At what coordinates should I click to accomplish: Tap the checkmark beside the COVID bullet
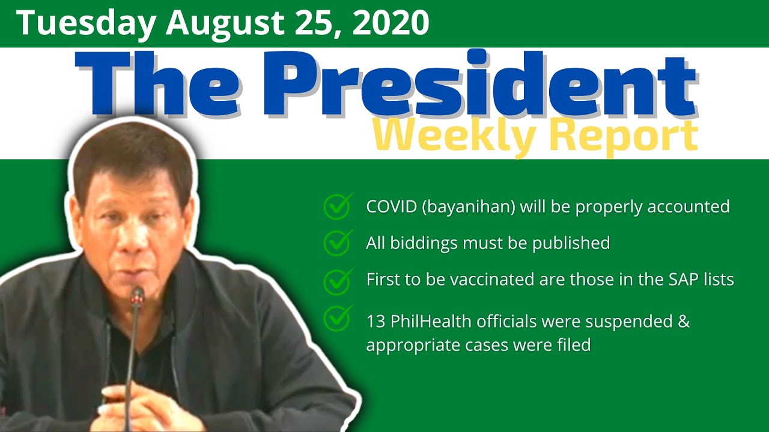click(338, 206)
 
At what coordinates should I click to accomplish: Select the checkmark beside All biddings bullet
click(338, 242)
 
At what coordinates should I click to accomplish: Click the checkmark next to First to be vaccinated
click(338, 280)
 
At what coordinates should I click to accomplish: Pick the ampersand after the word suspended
click(683, 322)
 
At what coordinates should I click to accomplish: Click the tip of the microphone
click(138, 295)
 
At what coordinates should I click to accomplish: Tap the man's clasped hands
click(129, 399)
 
